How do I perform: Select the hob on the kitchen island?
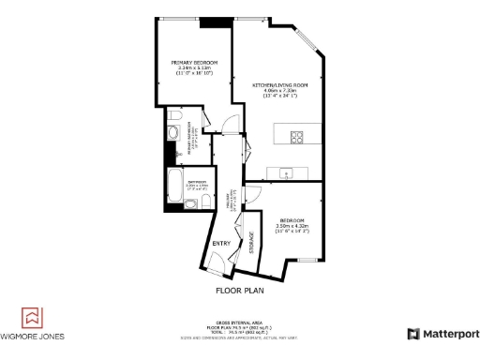pyautogui.click(x=297, y=137)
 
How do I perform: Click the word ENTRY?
pyautogui.click(x=221, y=244)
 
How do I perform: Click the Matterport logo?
pyautogui.click(x=442, y=334)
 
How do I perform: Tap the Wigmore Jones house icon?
pyautogui.click(x=32, y=316)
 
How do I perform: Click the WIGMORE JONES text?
pyautogui.click(x=32, y=337)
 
